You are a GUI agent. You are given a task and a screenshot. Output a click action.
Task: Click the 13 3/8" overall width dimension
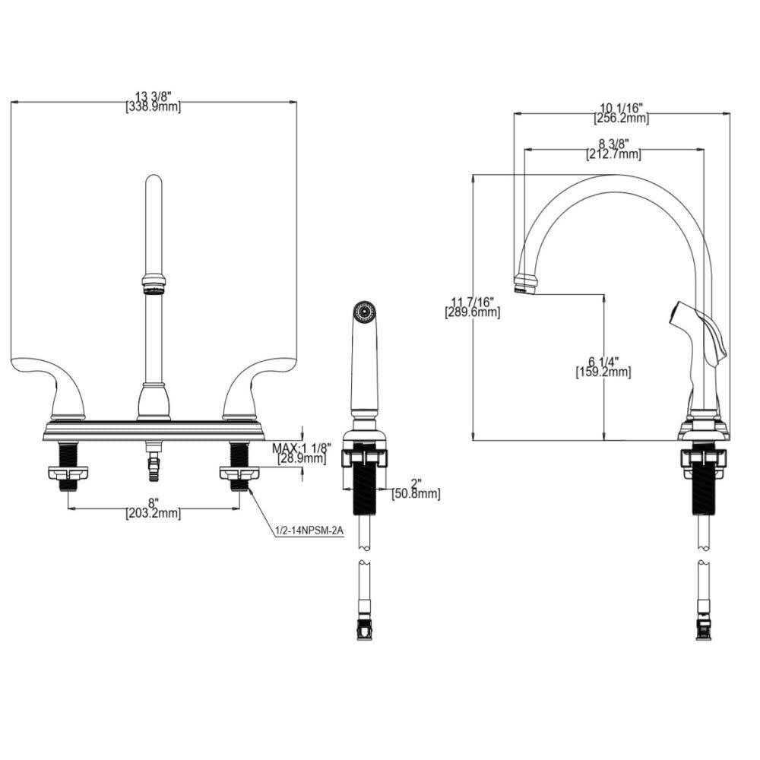click(x=153, y=97)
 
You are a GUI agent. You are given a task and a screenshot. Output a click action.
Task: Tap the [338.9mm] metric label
click(x=153, y=107)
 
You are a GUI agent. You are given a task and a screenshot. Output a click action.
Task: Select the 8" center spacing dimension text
click(x=153, y=502)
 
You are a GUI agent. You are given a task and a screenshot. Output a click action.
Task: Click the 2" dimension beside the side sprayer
click(x=415, y=483)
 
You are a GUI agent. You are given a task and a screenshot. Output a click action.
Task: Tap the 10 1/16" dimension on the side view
click(x=621, y=107)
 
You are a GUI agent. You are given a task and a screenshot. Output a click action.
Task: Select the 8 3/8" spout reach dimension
click(x=613, y=144)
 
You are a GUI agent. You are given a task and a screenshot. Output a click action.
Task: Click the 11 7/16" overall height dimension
click(x=473, y=302)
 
